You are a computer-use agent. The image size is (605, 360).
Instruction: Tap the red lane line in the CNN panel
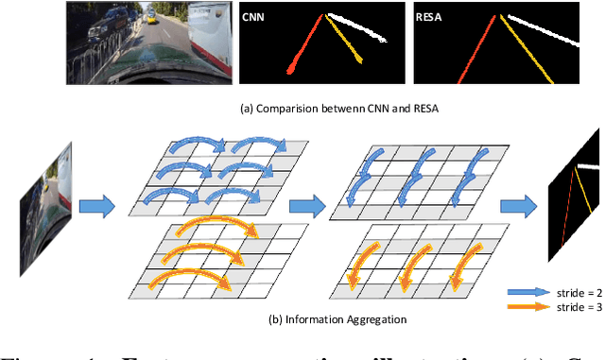click(x=303, y=46)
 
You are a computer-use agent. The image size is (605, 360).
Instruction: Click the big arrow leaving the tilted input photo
click(x=95, y=202)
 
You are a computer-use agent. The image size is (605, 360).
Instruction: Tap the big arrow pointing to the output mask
click(x=515, y=202)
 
